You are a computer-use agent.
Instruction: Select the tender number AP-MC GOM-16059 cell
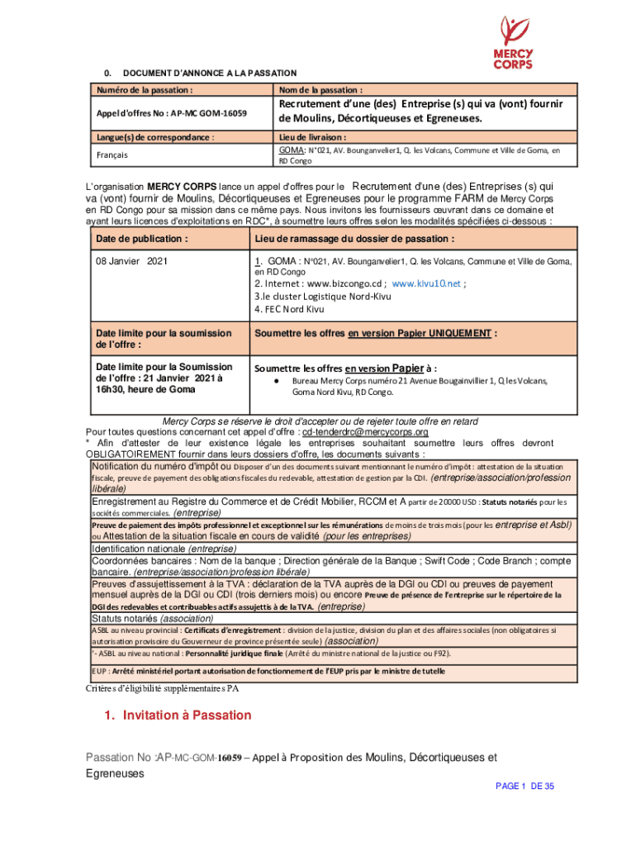tap(172, 112)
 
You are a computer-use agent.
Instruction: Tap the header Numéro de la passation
tap(145, 89)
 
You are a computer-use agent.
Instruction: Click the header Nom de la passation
tap(320, 89)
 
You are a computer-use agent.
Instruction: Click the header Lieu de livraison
tap(312, 137)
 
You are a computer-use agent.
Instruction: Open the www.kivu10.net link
tap(425, 283)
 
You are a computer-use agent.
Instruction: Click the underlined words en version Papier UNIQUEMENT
tap(419, 333)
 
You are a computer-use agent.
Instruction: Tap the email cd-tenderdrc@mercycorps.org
tap(364, 432)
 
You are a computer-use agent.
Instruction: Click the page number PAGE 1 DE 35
tap(524, 787)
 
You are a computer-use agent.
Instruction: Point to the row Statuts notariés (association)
tap(152, 618)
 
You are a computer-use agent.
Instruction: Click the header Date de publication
tap(136, 239)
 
